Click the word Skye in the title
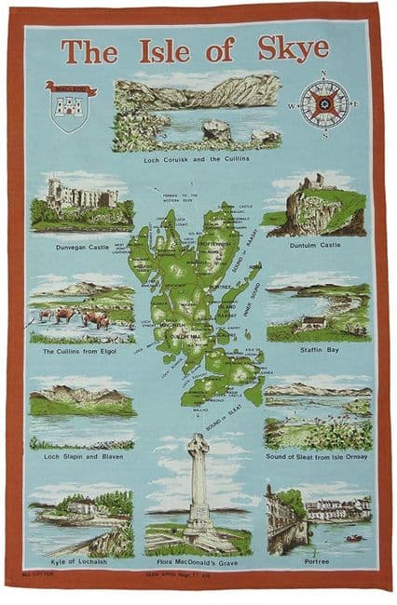[294, 49]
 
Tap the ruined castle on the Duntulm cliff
[311, 183]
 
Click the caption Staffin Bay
[316, 350]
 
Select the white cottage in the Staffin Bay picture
[314, 322]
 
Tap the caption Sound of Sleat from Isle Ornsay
[316, 457]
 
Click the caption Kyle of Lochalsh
[80, 565]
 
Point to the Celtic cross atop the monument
[198, 447]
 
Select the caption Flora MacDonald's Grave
[198, 565]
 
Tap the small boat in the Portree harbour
[355, 537]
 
